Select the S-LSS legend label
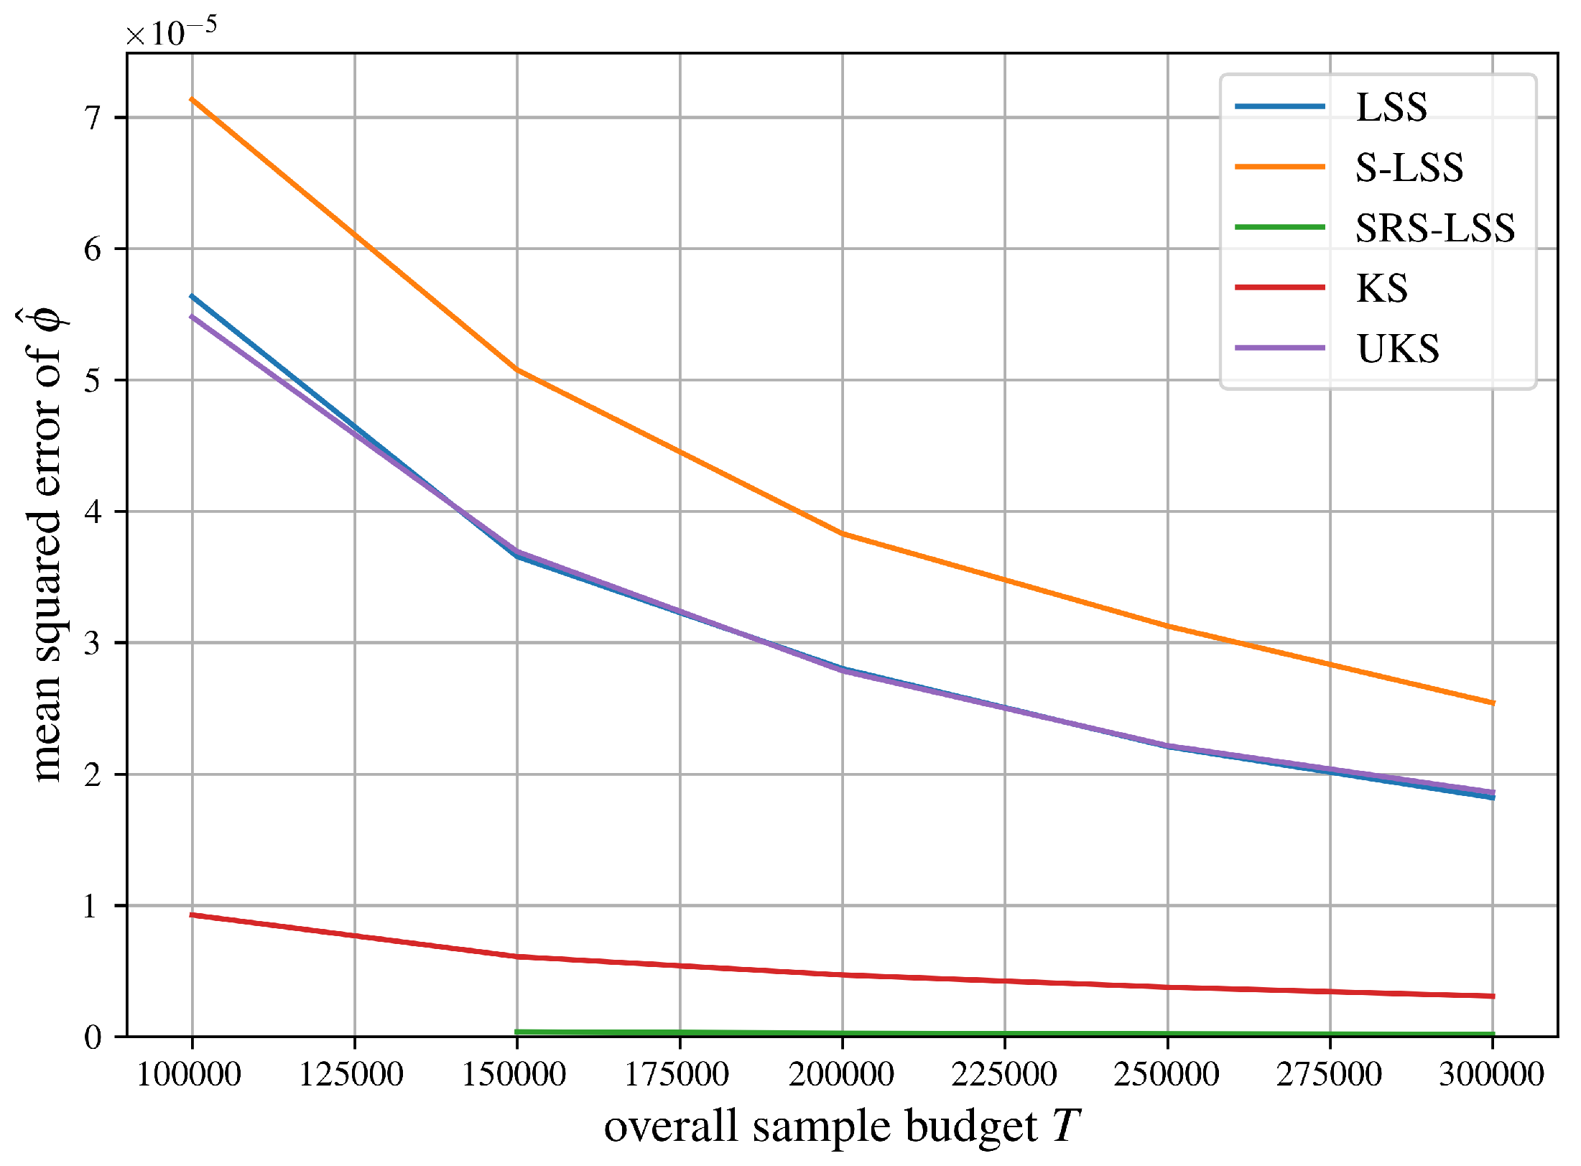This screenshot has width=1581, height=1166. point(1409,168)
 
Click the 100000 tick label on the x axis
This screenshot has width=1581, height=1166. point(189,1075)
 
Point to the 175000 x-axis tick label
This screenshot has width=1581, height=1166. point(677,1075)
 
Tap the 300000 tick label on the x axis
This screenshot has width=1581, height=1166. point(1492,1075)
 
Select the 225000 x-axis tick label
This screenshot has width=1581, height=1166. point(1003,1075)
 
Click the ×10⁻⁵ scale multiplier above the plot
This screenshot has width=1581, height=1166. point(171,32)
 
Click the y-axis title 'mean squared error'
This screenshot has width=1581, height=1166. point(45,546)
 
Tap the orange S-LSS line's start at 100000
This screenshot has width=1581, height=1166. point(192,99)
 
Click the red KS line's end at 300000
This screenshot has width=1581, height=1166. point(1493,996)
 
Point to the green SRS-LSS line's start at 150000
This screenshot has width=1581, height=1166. point(517,1032)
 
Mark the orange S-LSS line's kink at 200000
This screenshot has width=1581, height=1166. point(843,534)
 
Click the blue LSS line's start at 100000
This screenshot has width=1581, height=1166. point(192,296)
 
